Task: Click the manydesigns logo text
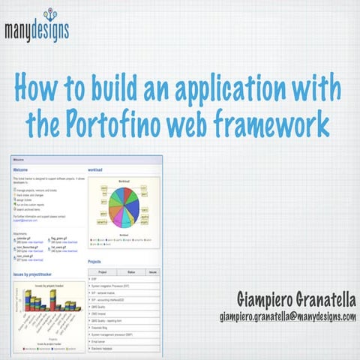click(x=36, y=32)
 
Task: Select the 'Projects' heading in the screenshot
click(x=95, y=262)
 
